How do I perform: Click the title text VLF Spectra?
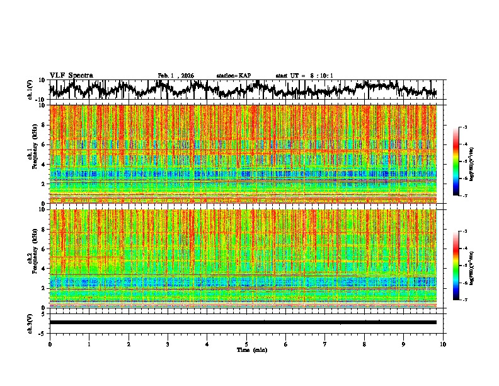(x=71, y=76)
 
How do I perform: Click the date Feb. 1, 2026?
(x=176, y=76)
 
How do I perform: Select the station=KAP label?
(x=233, y=76)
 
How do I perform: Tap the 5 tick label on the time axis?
(x=246, y=344)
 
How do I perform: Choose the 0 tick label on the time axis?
(x=50, y=344)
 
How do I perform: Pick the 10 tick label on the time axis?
(x=443, y=344)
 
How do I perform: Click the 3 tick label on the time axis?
(x=168, y=344)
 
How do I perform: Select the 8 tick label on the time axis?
(x=364, y=344)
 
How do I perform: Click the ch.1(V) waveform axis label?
(x=30, y=90)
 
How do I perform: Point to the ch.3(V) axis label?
(x=30, y=322)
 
